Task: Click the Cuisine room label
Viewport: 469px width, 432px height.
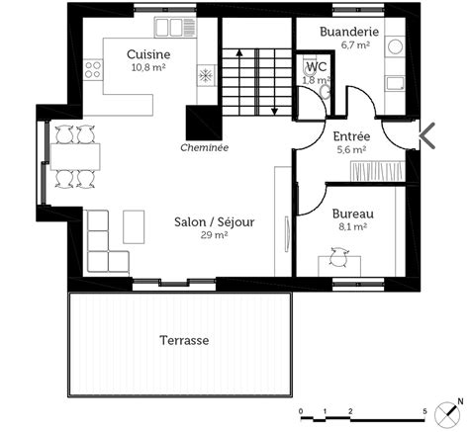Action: pyautogui.click(x=148, y=54)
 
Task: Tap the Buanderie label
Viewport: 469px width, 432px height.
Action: pyautogui.click(x=349, y=32)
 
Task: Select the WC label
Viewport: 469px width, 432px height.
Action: pyautogui.click(x=317, y=67)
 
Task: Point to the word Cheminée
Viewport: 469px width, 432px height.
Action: pyautogui.click(x=205, y=147)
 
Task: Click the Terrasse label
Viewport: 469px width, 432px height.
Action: pyautogui.click(x=184, y=340)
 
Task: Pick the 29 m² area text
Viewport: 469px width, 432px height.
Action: pyautogui.click(x=215, y=235)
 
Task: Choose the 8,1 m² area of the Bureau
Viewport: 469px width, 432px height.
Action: pyautogui.click(x=353, y=226)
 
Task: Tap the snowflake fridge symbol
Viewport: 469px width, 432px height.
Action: pyautogui.click(x=205, y=76)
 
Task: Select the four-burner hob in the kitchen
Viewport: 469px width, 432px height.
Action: pyautogui.click(x=93, y=69)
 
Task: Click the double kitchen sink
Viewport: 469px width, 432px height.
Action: pyautogui.click(x=175, y=28)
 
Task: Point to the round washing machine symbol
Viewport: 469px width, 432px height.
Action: pyautogui.click(x=395, y=46)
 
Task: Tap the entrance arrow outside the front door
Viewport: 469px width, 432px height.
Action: pyautogui.click(x=427, y=135)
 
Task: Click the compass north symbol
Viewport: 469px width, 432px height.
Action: pyautogui.click(x=449, y=412)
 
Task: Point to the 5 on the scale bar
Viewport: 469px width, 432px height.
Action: pyautogui.click(x=424, y=411)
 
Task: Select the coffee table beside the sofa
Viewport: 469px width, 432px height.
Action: pyautogui.click(x=134, y=227)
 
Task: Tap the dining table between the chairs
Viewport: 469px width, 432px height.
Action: pyautogui.click(x=75, y=156)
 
